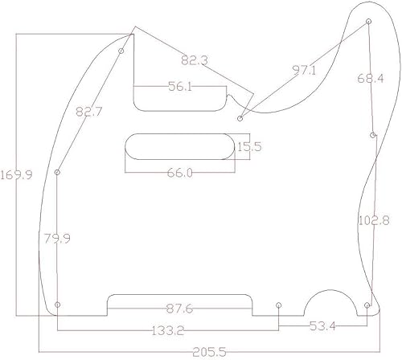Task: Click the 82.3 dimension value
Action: pyautogui.click(x=195, y=60)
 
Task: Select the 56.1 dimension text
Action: pyautogui.click(x=179, y=88)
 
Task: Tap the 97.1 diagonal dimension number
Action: pyautogui.click(x=306, y=71)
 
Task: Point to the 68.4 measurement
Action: pyautogui.click(x=371, y=79)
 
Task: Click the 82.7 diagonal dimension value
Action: pyautogui.click(x=88, y=112)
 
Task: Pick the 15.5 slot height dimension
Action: pyautogui.click(x=248, y=146)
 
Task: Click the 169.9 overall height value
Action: pyautogui.click(x=16, y=174)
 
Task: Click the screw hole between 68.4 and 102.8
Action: pyautogui.click(x=372, y=135)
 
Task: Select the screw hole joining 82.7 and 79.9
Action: pyautogui.click(x=58, y=173)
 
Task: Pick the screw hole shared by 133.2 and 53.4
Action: pyautogui.click(x=278, y=305)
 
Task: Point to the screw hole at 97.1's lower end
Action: pyautogui.click(x=240, y=117)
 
